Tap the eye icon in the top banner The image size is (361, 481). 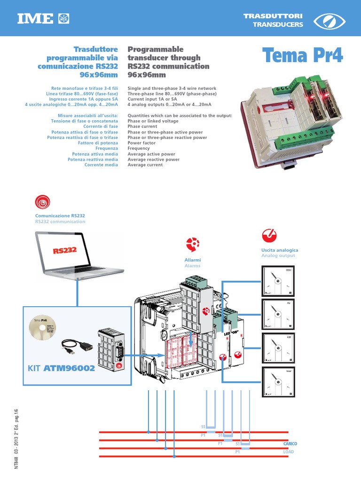pos(329,21)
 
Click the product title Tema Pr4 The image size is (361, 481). pos(303,56)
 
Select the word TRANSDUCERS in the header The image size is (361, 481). pos(278,25)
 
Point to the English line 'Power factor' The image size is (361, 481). pos(141,143)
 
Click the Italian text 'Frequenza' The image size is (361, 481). pos(105,148)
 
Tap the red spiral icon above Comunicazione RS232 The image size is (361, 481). pos(42,202)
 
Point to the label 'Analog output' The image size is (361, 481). pos(278,256)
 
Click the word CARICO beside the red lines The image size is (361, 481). pos(290,444)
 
